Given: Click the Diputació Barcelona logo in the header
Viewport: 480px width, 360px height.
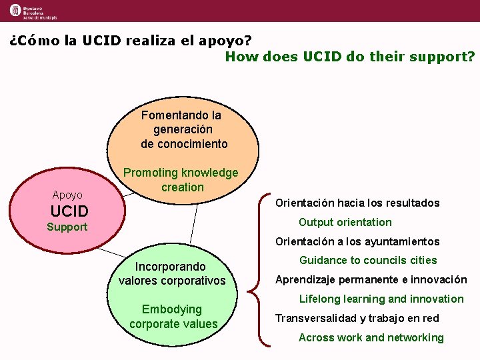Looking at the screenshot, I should coord(33,11).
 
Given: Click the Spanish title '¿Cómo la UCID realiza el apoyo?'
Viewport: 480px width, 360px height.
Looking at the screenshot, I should coord(131,40).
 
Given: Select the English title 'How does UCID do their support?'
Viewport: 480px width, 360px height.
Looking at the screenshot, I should coord(350,57).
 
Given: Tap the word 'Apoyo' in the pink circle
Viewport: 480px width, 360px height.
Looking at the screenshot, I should coord(67,195).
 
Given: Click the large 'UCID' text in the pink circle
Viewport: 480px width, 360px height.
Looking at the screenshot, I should coord(69,212).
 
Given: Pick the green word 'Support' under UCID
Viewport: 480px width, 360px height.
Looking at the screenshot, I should coord(67,227).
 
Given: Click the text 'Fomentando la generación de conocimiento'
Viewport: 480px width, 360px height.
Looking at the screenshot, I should coord(184,129).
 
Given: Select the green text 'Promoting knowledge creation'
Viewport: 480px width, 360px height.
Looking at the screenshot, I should coord(181,180).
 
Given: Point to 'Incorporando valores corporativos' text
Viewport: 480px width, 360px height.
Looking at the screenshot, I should coord(172,273).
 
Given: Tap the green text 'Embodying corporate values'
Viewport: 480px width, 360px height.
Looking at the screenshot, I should coord(173,317).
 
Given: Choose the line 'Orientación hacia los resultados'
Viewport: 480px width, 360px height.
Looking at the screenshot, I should coord(357,203).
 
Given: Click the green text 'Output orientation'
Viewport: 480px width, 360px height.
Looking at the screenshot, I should coord(345,222).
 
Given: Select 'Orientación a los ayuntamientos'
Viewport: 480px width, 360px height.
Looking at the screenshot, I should coord(357,241).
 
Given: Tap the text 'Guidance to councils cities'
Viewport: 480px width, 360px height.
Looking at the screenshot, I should coord(368,260).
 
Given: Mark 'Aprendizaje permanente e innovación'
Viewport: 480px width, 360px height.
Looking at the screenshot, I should coord(371,280).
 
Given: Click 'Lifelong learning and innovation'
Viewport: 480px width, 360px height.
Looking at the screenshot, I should coord(381,299).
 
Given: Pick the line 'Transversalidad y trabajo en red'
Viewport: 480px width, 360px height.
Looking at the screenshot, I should coord(357,318).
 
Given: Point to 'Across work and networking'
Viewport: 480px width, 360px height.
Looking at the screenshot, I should coord(371,337).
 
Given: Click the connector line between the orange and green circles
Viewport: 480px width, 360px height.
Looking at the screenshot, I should coord(195,223).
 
